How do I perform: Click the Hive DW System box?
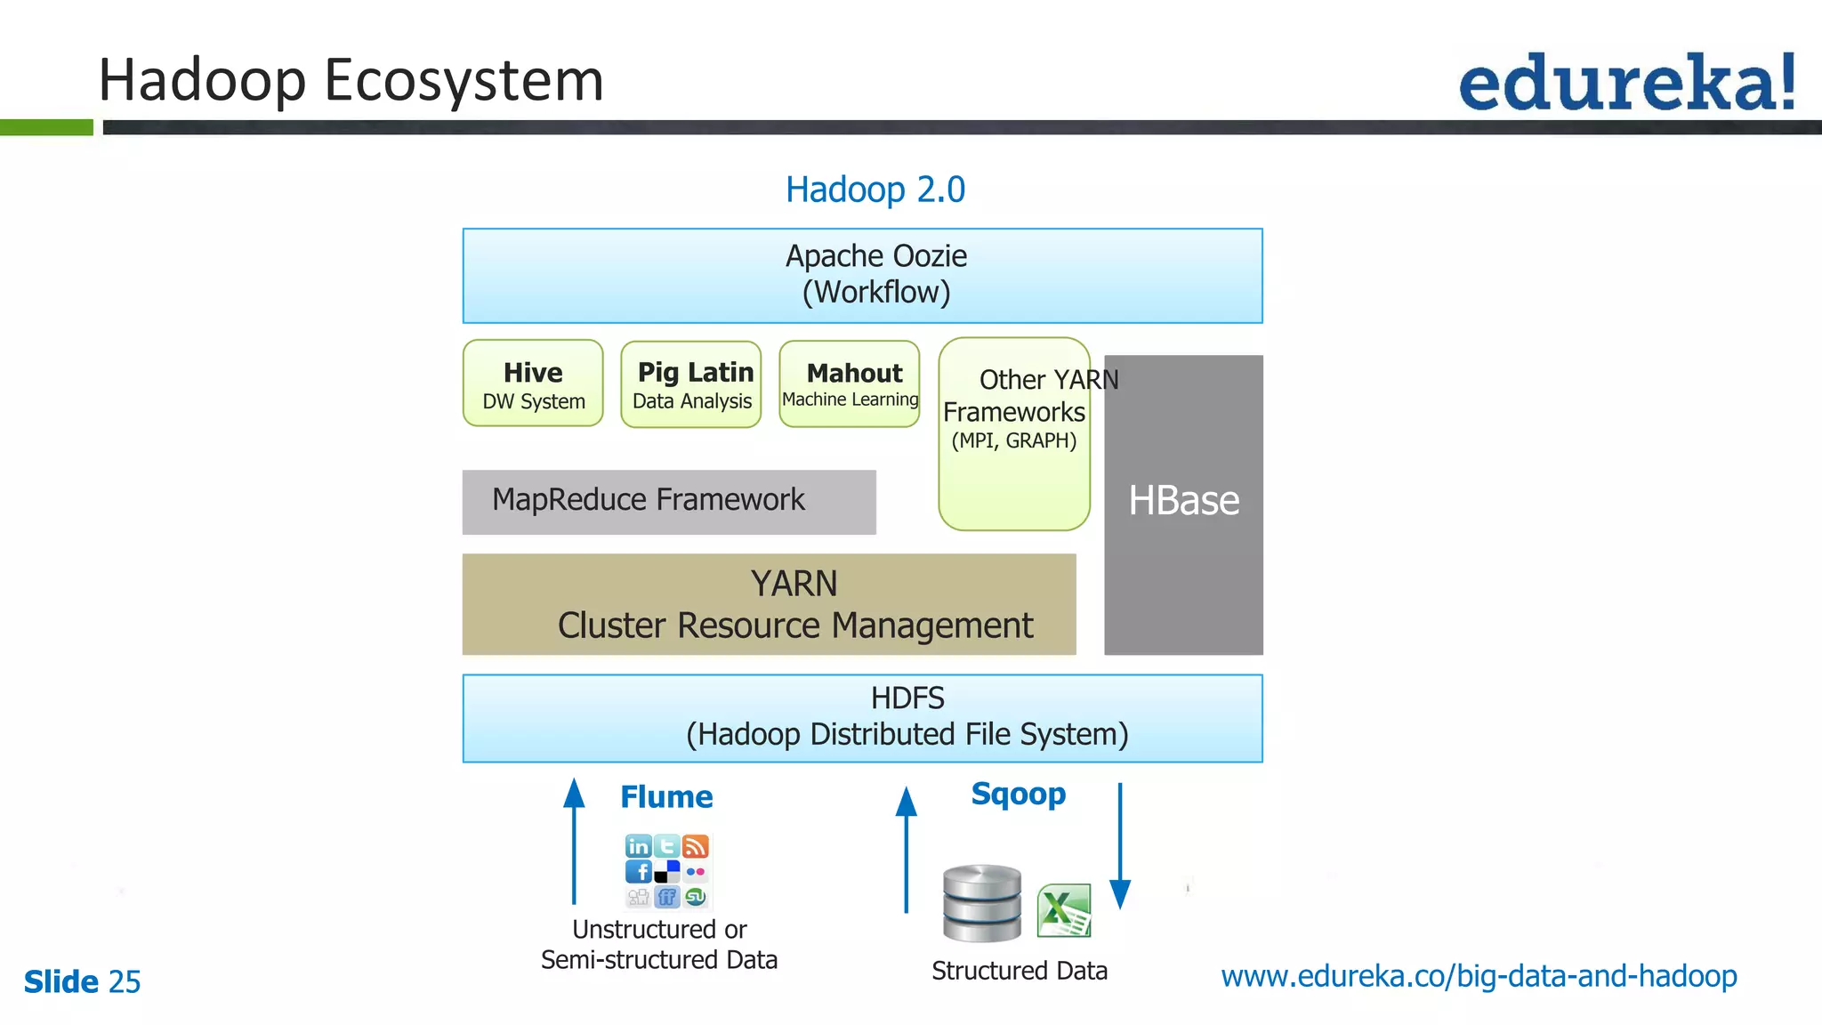pos(533,383)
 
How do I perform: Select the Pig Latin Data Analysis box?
pos(691,384)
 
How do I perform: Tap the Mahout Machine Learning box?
pos(850,384)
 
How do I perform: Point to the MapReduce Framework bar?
pos(669,502)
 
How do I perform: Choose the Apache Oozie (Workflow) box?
pos(862,276)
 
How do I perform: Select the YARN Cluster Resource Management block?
pos(769,604)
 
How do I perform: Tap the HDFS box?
pos(862,718)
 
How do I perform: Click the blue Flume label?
pos(666,796)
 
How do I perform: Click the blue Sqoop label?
pos(1018,793)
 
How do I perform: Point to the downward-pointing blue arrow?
pos(1120,845)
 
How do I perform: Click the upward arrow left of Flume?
pos(575,841)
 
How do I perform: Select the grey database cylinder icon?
pos(982,903)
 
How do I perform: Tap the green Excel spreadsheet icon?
pos(1064,910)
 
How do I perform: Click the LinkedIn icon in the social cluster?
pos(639,845)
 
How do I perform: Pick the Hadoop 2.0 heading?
pos(875,190)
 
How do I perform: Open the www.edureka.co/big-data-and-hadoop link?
pos(1479,976)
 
